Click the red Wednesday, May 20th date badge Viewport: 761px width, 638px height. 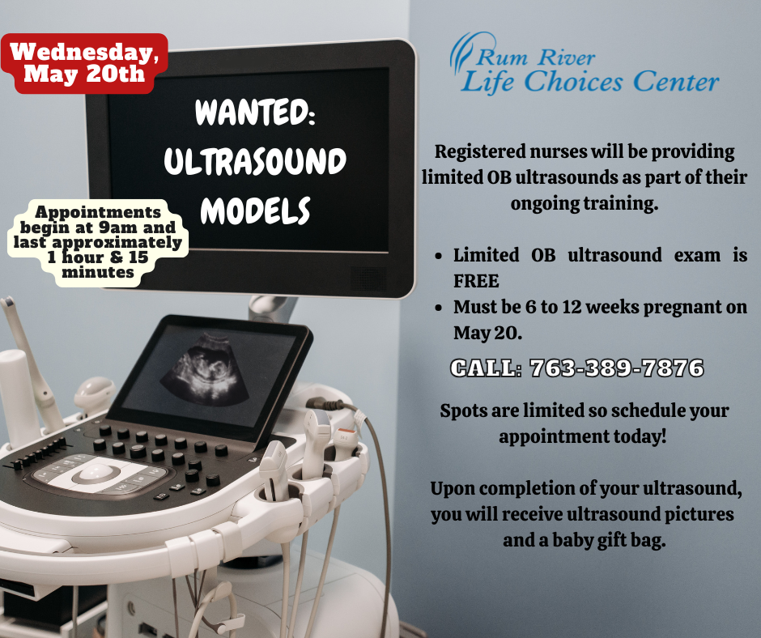tap(84, 63)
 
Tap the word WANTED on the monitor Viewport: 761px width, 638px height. tap(255, 113)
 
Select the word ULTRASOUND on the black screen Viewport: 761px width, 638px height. tap(255, 161)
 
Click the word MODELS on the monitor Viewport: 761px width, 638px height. tap(255, 211)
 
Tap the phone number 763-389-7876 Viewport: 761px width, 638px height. tap(616, 368)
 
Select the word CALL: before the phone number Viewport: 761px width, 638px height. tap(486, 368)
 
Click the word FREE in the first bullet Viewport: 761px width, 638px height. tap(476, 281)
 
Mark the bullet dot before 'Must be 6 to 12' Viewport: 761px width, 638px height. tap(439, 308)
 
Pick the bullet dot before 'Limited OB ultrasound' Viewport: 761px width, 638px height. tap(439, 256)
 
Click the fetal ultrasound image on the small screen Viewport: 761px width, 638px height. tap(206, 371)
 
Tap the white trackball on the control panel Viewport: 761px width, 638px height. tap(95, 470)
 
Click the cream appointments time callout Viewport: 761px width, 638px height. tap(98, 242)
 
